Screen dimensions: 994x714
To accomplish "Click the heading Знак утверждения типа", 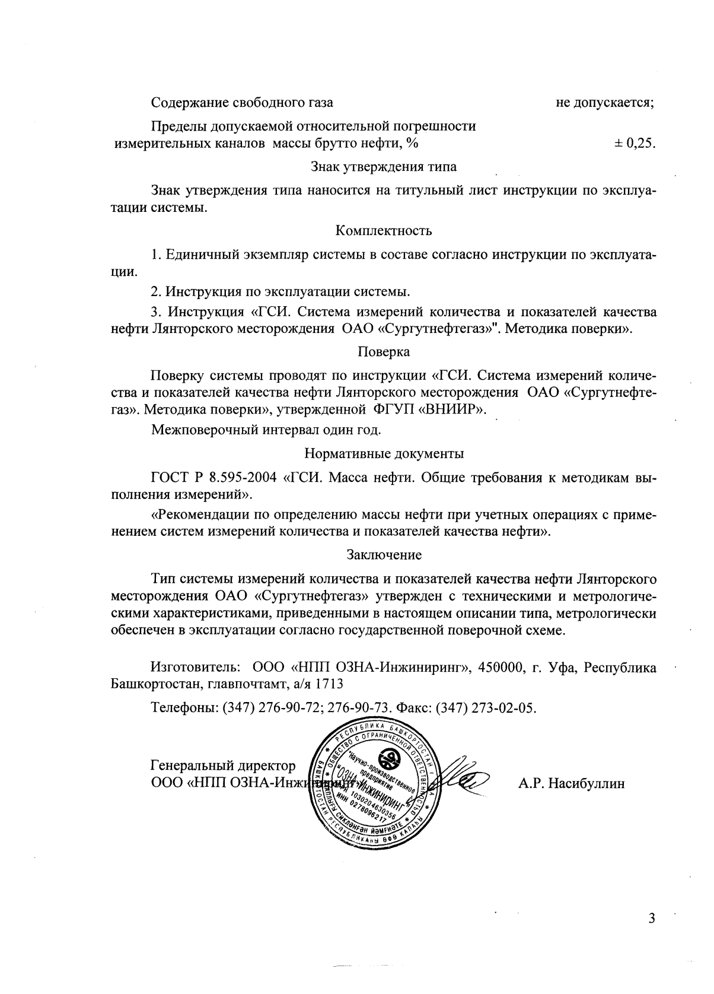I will (384, 167).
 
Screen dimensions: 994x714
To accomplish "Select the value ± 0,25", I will (635, 143).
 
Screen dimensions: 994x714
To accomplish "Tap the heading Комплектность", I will (384, 230).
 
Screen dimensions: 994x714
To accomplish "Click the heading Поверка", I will (384, 352).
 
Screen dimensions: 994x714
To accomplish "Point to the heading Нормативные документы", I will (384, 454).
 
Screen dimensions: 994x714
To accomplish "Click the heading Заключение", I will (384, 555).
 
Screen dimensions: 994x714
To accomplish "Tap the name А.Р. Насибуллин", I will (572, 783).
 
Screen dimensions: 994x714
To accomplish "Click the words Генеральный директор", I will (223, 766).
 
